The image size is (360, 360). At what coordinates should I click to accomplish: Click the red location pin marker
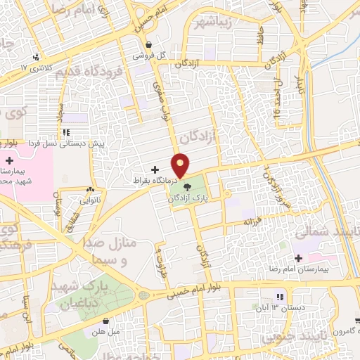[x=181, y=165]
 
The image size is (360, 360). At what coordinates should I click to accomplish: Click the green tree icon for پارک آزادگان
[x=188, y=187]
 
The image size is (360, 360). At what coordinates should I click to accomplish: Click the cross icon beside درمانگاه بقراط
[x=155, y=169]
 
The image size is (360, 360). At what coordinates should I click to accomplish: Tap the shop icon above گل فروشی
[x=141, y=43]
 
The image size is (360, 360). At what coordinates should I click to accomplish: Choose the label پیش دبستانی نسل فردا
[x=66, y=143]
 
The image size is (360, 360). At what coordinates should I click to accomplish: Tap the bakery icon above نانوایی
[x=90, y=190]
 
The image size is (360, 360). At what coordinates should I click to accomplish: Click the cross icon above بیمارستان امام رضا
[x=300, y=257]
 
